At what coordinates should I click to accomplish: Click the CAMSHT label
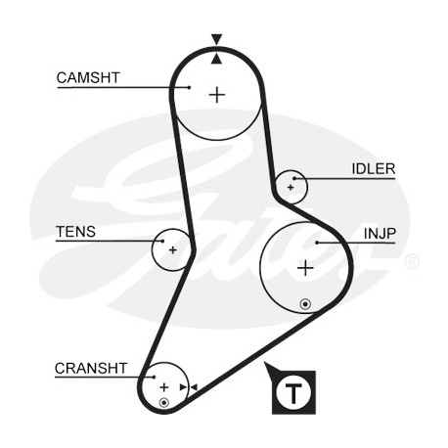tap(88, 78)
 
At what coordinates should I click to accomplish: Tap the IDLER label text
tap(374, 169)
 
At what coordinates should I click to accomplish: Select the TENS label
tap(75, 232)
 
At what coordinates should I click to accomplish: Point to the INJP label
tap(380, 234)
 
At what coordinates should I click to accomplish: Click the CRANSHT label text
tap(91, 369)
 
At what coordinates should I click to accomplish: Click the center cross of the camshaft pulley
tap(217, 95)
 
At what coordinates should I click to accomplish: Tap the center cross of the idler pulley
tap(291, 188)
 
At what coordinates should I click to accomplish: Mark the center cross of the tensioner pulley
tap(173, 250)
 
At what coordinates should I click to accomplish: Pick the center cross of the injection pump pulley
tap(305, 268)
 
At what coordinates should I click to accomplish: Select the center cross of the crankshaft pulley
tap(164, 387)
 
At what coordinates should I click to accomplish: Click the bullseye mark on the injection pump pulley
tap(305, 304)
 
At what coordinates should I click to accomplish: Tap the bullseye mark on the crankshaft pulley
tap(164, 403)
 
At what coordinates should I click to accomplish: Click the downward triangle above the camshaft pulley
tap(216, 39)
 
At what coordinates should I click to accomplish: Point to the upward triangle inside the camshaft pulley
tap(216, 59)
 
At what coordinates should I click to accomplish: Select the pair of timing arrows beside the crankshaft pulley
tap(189, 387)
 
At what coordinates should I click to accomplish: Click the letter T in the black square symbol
tap(293, 393)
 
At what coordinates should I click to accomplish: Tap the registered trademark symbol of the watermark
tap(412, 261)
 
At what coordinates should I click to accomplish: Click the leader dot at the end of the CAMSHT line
tap(189, 87)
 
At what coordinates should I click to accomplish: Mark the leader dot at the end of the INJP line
tap(317, 243)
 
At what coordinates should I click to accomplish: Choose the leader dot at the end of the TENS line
tap(162, 241)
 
